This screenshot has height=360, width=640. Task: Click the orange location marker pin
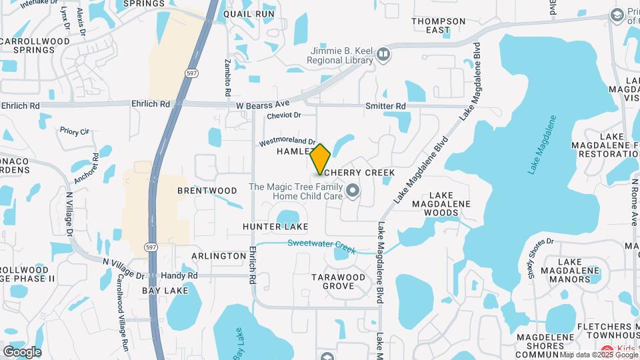click(x=321, y=159)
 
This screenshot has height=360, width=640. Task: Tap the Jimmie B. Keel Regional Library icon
click(x=383, y=54)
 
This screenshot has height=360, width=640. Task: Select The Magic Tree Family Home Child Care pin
click(x=353, y=192)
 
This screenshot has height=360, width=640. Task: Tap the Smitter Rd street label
click(x=385, y=107)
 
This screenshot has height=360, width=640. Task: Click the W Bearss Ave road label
click(x=263, y=104)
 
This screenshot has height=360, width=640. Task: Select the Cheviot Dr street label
click(x=284, y=115)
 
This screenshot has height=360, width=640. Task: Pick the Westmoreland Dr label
click(x=287, y=141)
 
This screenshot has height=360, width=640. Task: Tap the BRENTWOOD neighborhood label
click(x=207, y=191)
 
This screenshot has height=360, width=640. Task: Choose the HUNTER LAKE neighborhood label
click(x=275, y=227)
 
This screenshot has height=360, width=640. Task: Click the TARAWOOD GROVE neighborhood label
click(x=339, y=281)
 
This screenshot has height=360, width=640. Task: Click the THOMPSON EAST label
click(x=438, y=25)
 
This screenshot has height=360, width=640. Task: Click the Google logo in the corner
click(x=22, y=351)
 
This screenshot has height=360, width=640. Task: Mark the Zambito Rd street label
click(x=227, y=75)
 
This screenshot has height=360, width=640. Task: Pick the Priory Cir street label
click(x=74, y=131)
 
